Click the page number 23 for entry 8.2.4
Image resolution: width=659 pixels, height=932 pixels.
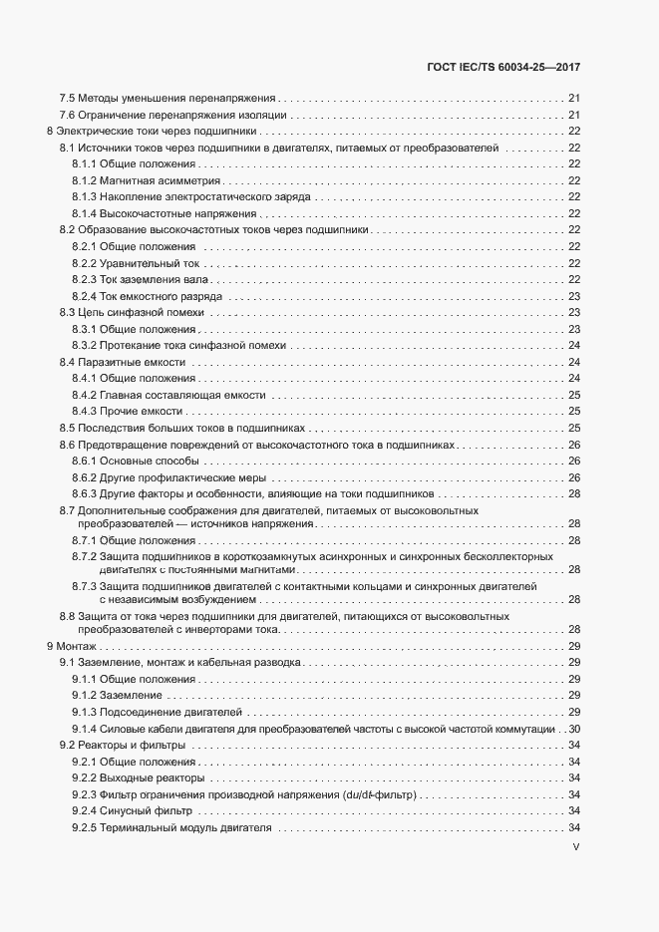(574, 296)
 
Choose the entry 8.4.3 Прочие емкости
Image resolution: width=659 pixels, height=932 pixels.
(127, 411)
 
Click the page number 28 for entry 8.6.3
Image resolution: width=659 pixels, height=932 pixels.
(574, 493)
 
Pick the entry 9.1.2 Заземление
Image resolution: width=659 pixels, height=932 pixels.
(117, 695)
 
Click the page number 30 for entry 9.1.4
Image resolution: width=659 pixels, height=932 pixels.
(574, 729)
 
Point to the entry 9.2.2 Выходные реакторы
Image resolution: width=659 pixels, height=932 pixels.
(139, 777)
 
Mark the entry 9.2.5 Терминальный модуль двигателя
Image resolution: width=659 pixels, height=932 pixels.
(171, 828)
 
